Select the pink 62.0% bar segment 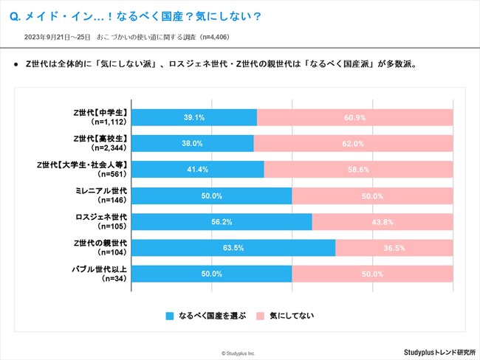click(353, 143)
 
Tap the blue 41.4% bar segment click(197, 170)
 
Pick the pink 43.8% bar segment click(383, 222)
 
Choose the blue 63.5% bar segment click(233, 248)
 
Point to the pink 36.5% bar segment click(394, 248)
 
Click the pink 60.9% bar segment click(355, 117)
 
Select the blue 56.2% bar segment click(222, 222)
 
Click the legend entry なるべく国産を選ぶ click(206, 315)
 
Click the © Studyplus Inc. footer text click(239, 353)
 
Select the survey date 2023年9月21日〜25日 click(57, 36)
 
